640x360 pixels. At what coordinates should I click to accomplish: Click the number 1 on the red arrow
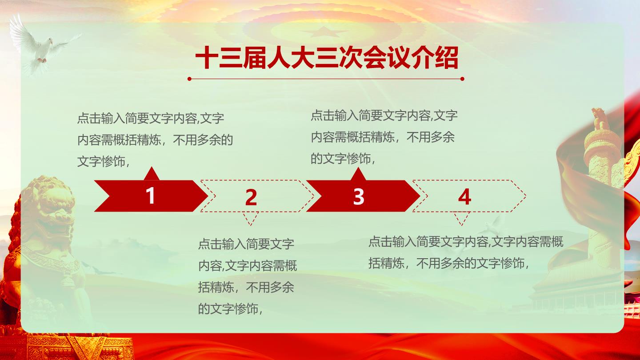click(151, 196)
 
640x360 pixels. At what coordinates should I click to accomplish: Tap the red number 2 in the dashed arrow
click(251, 197)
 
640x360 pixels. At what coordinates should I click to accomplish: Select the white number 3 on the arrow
click(359, 196)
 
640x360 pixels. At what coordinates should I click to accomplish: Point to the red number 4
click(464, 197)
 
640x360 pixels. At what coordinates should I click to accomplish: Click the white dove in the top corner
click(42, 46)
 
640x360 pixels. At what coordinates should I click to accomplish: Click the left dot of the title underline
click(189, 79)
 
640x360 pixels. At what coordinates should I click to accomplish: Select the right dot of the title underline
click(462, 79)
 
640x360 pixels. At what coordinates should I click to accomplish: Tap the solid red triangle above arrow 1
click(152, 173)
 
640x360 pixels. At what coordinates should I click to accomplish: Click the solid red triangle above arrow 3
click(358, 174)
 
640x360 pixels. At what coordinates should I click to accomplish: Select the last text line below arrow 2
click(230, 309)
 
